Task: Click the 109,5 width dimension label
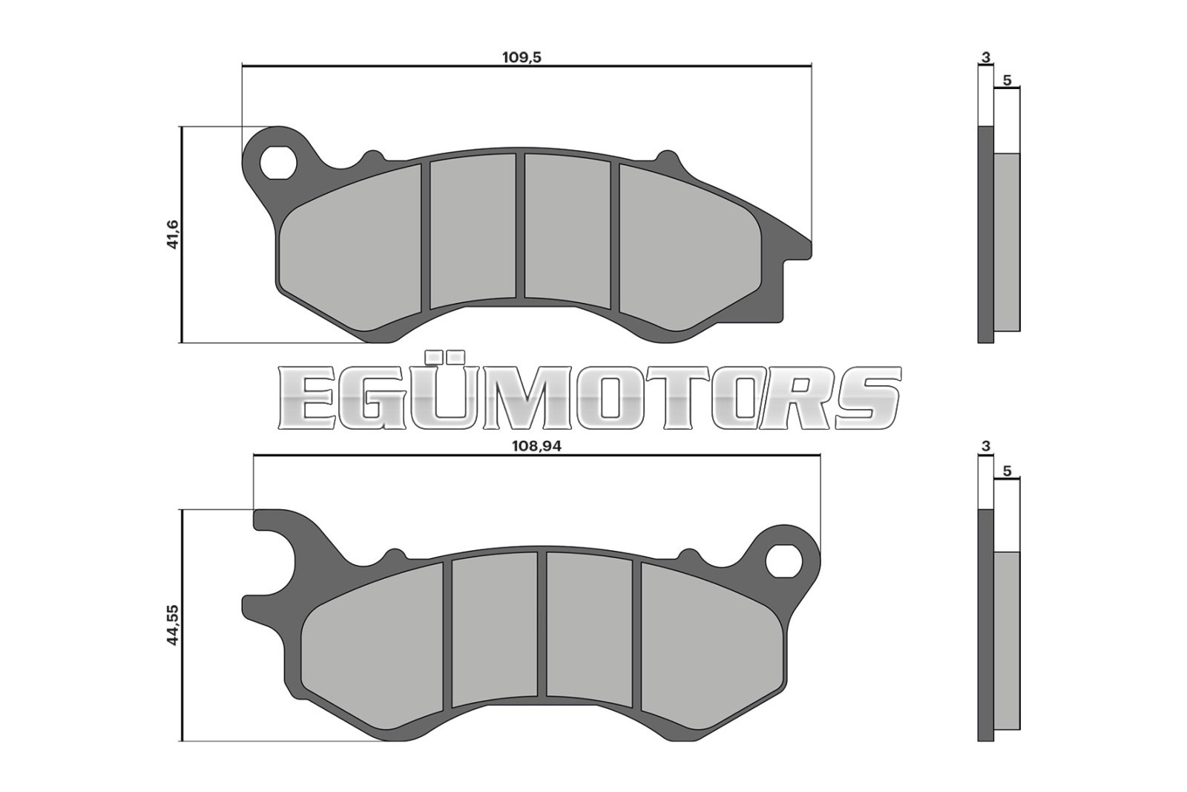click(x=522, y=57)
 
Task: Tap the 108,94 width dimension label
click(x=536, y=446)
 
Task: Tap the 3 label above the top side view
click(x=986, y=57)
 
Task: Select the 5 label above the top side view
click(x=1007, y=81)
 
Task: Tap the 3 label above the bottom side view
click(x=986, y=446)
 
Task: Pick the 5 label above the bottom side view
click(x=1007, y=471)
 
